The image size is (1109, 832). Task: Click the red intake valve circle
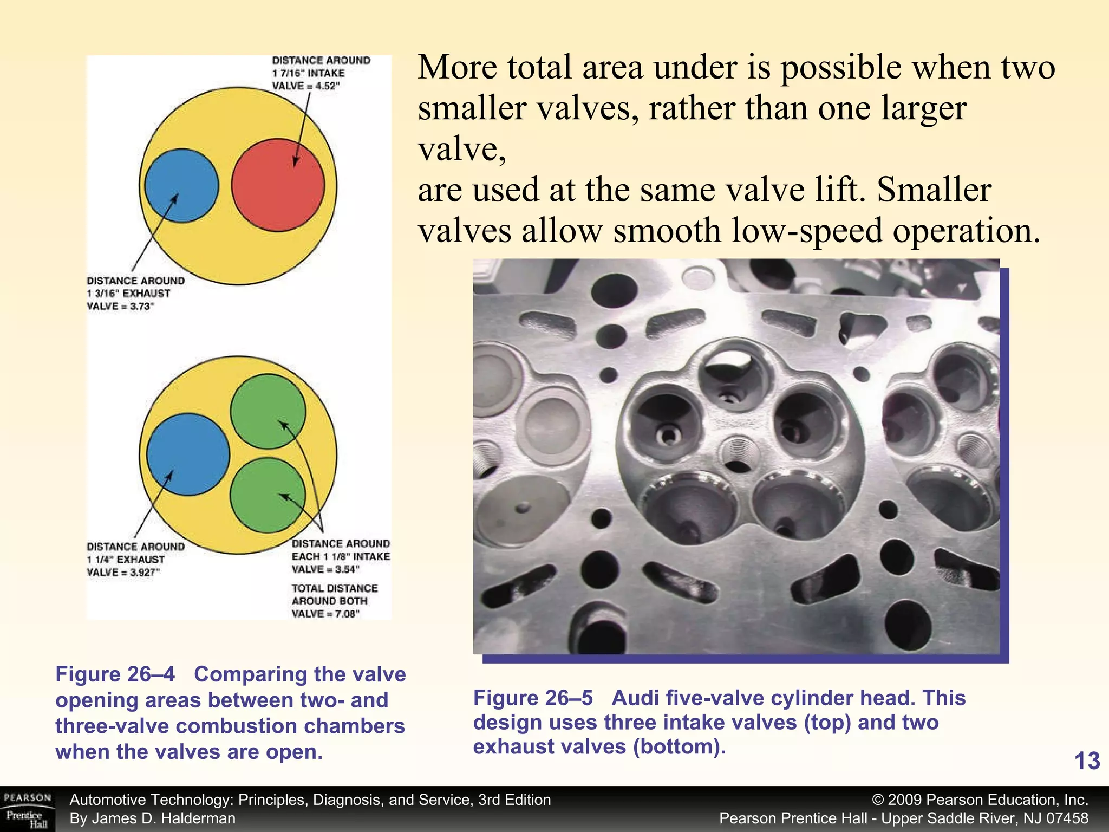[x=278, y=185]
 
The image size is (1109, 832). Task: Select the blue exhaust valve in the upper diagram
[x=182, y=185]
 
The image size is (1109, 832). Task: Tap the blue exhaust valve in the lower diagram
[x=188, y=454]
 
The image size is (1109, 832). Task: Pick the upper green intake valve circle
[x=268, y=411]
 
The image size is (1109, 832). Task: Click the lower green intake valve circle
[x=268, y=495]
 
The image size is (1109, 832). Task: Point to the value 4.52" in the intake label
[x=327, y=86]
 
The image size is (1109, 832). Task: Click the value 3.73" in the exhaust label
[x=142, y=307]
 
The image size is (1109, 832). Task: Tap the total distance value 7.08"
[x=347, y=614]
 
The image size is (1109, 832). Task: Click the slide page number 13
[x=1087, y=761]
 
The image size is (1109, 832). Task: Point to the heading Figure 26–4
[x=115, y=674]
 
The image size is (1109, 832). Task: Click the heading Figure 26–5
[x=533, y=698]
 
